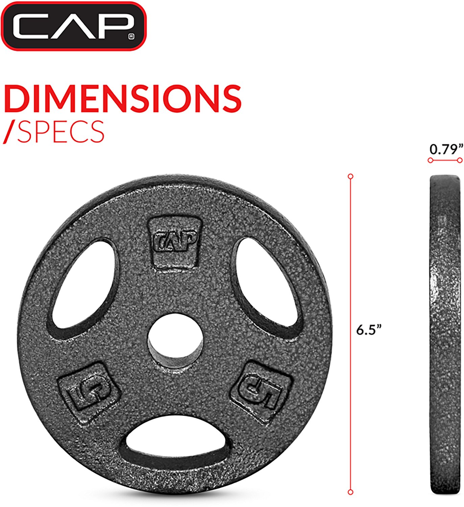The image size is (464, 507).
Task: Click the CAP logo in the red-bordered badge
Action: pyautogui.click(x=73, y=26)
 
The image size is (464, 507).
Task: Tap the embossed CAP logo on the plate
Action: pyautogui.click(x=175, y=241)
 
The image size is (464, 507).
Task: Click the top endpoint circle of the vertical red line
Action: pyautogui.click(x=350, y=176)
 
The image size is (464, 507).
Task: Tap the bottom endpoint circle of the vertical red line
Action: pyautogui.click(x=350, y=492)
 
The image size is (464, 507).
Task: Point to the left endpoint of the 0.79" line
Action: pyautogui.click(x=430, y=161)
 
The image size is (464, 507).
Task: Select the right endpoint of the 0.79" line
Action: pyautogui.click(x=460, y=161)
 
